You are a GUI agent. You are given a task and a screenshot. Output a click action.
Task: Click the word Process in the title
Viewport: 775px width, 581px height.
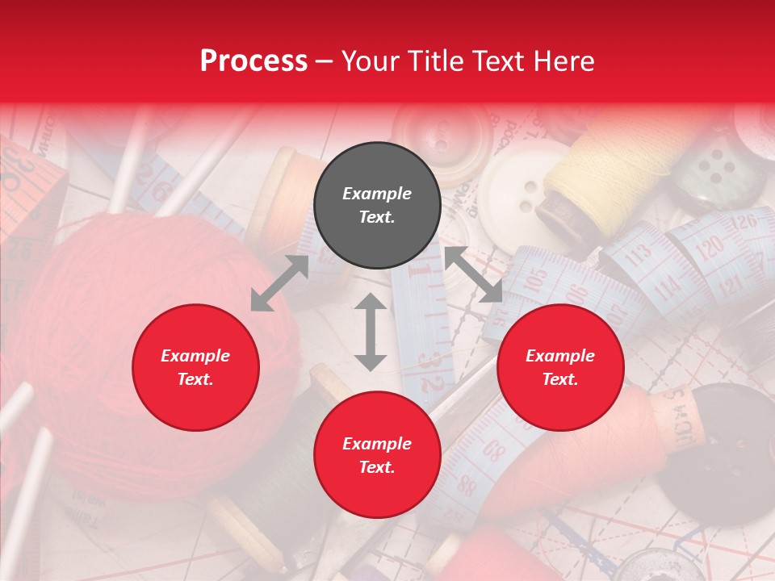(253, 61)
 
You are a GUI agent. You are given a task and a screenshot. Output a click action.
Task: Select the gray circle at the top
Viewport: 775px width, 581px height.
(377, 205)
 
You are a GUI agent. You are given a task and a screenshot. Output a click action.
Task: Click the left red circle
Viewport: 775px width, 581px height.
(195, 367)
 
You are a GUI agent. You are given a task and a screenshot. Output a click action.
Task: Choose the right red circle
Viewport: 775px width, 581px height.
(560, 367)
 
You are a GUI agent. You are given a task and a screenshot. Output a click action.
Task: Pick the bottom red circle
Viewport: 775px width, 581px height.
(377, 455)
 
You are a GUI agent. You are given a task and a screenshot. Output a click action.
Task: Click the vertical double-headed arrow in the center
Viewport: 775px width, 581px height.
(371, 332)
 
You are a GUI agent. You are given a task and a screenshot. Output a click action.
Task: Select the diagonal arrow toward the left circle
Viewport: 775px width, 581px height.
(279, 283)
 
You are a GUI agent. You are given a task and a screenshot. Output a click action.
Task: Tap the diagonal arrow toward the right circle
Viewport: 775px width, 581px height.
(473, 275)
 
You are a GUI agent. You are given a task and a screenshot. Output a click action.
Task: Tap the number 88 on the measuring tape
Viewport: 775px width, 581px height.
(466, 485)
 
